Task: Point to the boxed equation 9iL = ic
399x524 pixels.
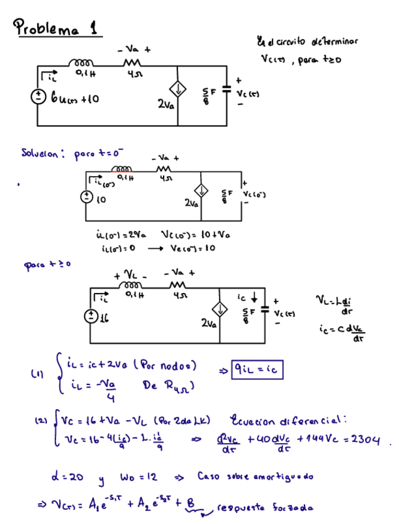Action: point(258,370)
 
